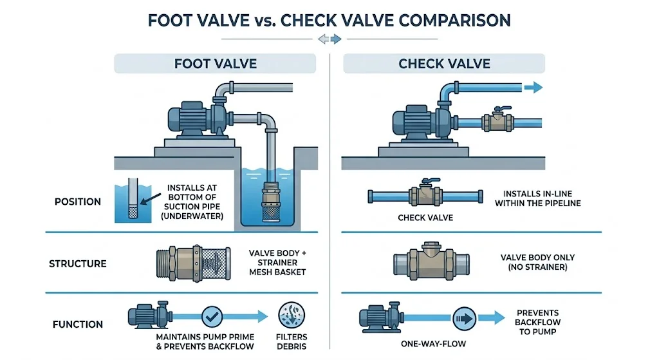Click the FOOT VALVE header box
(215, 63)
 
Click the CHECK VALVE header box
(444, 63)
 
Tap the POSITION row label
(78, 202)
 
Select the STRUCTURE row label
(78, 263)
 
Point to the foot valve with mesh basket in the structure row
(193, 263)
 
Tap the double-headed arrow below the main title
(328, 39)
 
